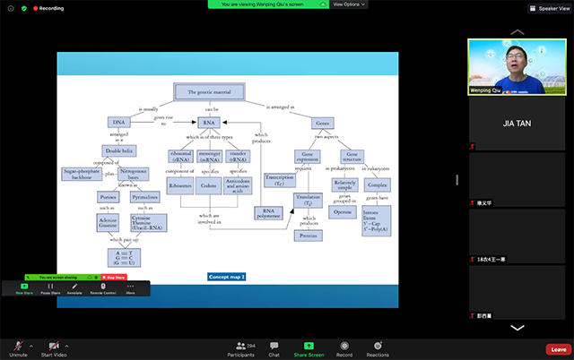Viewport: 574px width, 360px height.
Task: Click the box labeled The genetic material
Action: click(x=211, y=92)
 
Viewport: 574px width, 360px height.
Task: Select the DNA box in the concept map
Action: click(x=120, y=122)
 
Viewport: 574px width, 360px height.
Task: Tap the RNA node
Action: click(x=209, y=122)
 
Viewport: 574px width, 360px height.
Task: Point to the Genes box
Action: click(x=322, y=122)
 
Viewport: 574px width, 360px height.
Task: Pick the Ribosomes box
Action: click(x=181, y=185)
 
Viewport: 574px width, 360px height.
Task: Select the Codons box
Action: click(x=209, y=185)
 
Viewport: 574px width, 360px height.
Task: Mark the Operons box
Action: click(x=343, y=212)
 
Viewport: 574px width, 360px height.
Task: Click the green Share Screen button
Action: click(x=309, y=347)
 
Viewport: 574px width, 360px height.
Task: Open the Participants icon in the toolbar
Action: click(x=240, y=347)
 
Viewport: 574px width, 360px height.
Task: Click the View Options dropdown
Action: click(x=349, y=4)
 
